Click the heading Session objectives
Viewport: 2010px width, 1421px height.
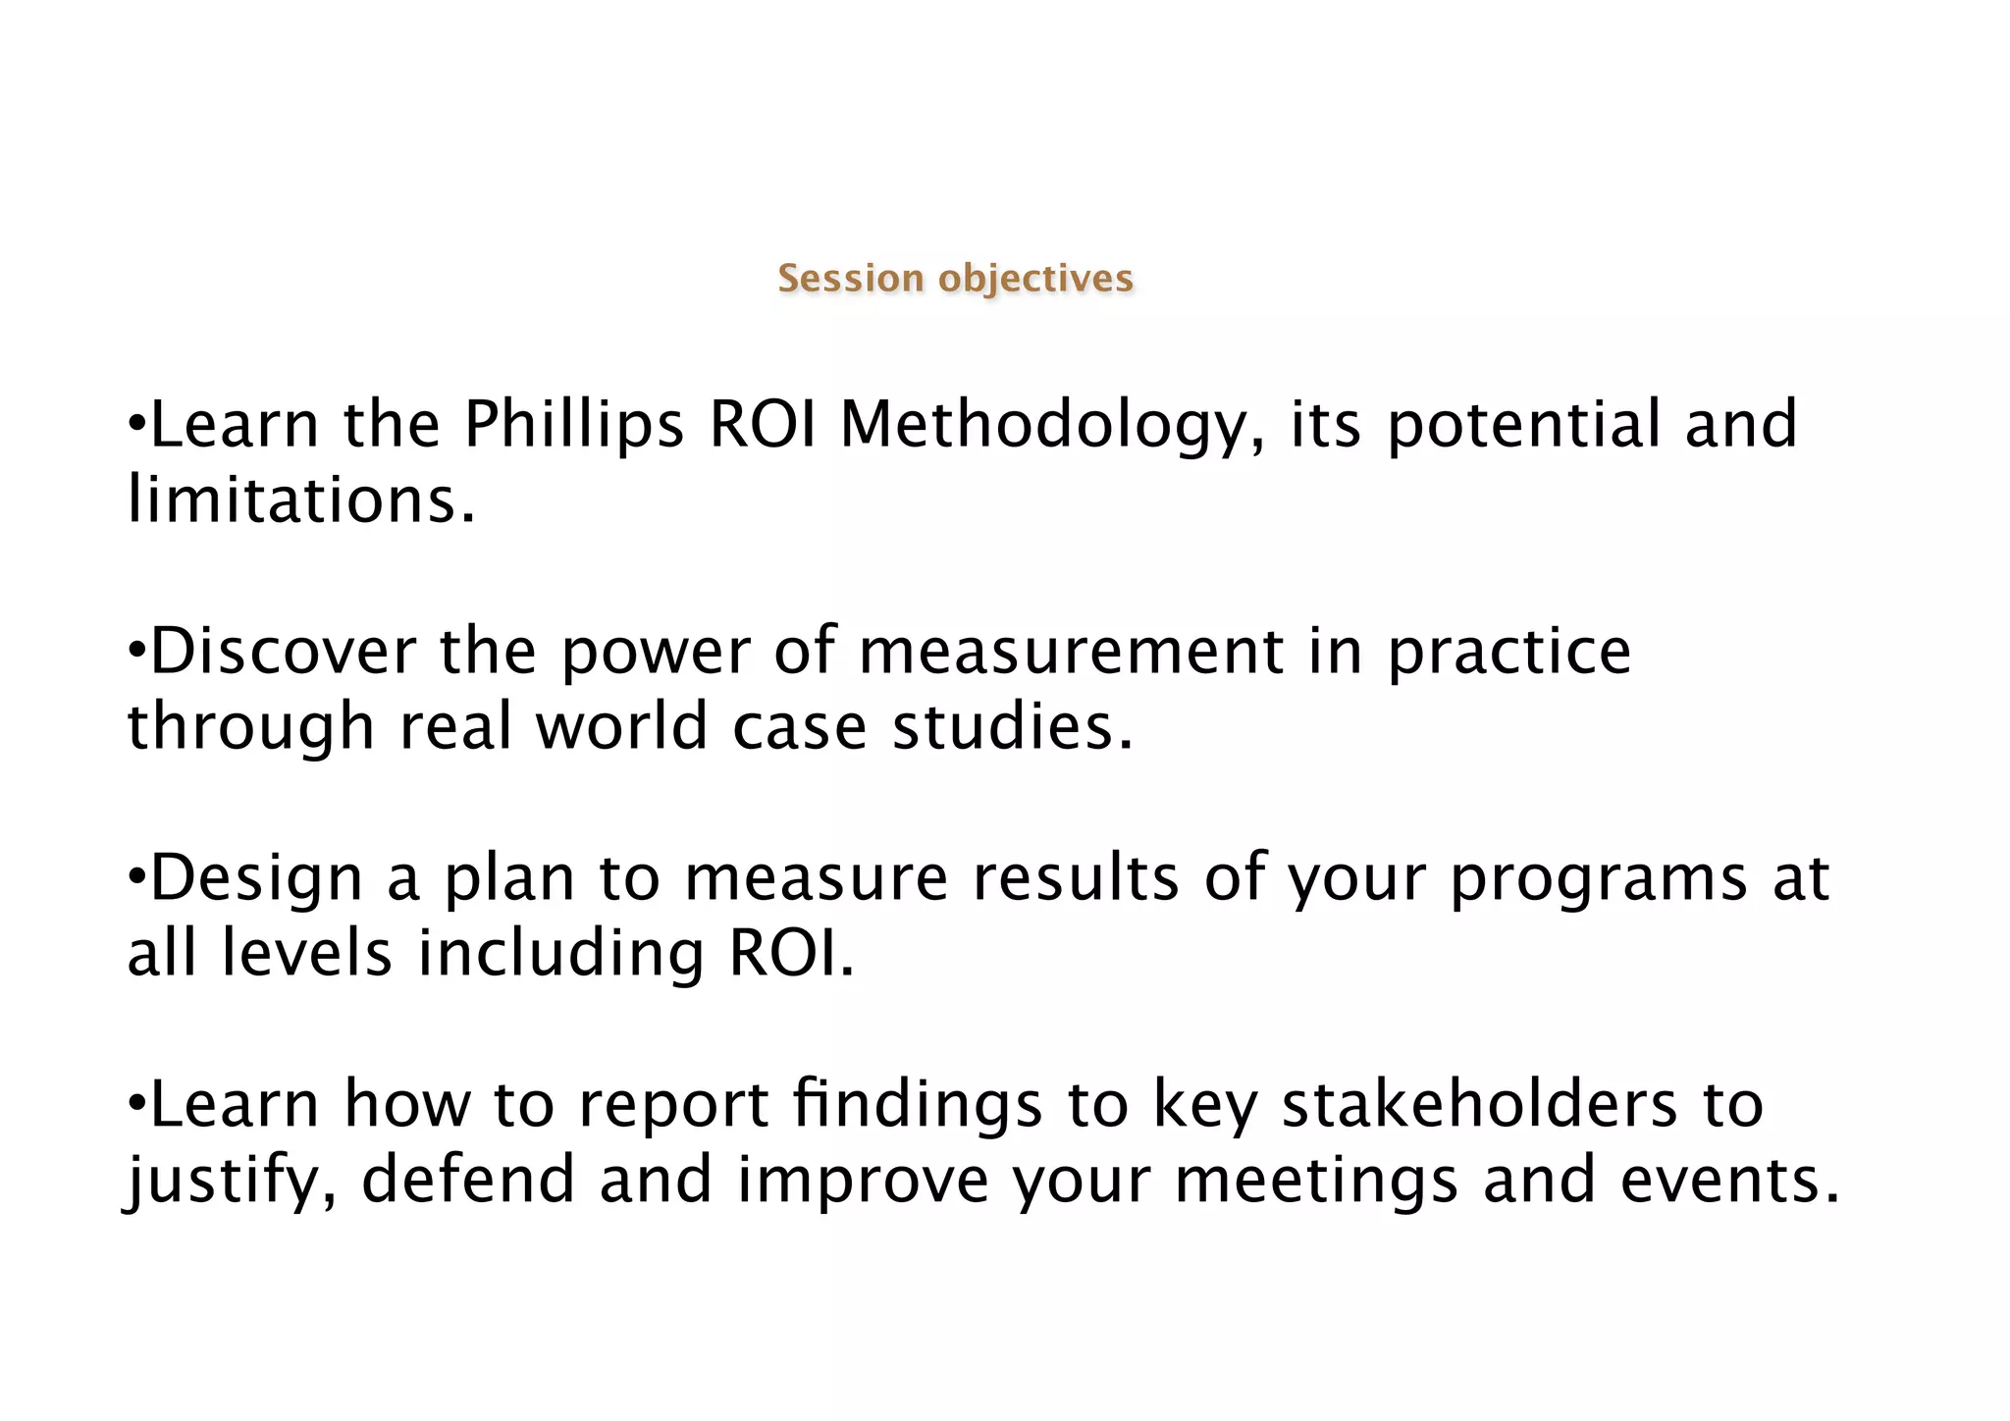[x=955, y=279]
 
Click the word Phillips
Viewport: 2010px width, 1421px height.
[x=573, y=426]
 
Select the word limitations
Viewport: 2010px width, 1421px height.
[x=301, y=500]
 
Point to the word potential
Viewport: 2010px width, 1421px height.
[x=1523, y=426]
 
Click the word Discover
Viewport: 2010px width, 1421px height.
[x=283, y=652]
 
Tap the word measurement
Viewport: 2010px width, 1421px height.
[x=1071, y=652]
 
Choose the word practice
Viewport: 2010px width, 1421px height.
[x=1508, y=652]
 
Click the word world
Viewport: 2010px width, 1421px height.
[x=621, y=727]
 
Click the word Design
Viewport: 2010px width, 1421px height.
[x=256, y=878]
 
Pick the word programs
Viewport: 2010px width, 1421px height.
[x=1599, y=878]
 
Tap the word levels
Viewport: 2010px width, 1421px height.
[x=307, y=954]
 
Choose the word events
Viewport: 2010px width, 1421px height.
[x=1729, y=1180]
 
